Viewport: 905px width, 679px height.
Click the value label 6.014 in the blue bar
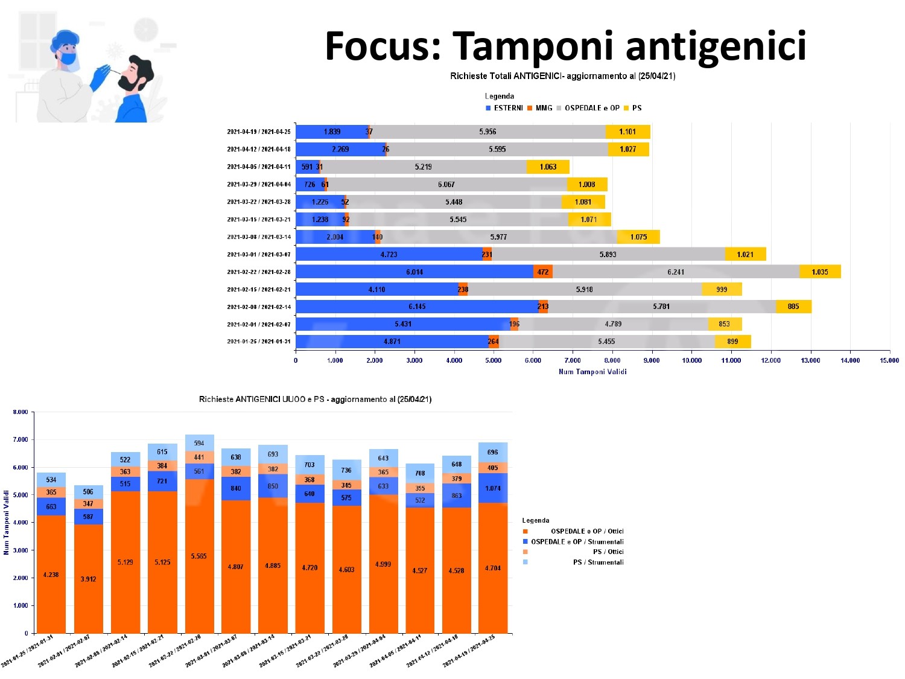point(414,272)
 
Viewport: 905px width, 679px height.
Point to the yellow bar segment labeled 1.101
point(627,132)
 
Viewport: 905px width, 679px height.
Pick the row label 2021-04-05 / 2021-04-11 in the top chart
point(258,167)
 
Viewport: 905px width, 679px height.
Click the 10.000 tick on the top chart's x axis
point(691,361)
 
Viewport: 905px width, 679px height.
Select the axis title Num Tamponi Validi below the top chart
point(592,372)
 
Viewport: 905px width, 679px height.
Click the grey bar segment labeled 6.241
point(676,272)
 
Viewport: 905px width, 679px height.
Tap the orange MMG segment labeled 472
point(543,272)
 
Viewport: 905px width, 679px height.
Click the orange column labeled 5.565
point(199,556)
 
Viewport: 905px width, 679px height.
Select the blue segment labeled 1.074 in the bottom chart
point(493,488)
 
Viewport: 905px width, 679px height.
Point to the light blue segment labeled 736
point(346,470)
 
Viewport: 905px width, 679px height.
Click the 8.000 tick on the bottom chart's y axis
point(21,412)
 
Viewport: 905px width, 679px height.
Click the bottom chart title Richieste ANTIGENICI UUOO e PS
point(315,400)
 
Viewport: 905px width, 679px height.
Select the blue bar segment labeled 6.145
point(417,307)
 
